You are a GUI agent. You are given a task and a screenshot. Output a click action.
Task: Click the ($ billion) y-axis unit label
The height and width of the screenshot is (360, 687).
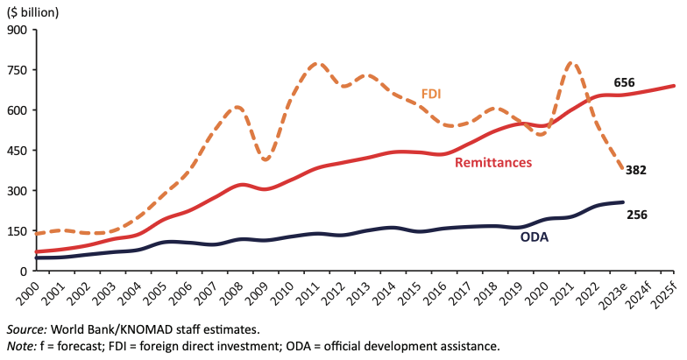32,11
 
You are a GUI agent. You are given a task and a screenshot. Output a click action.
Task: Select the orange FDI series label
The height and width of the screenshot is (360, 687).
431,94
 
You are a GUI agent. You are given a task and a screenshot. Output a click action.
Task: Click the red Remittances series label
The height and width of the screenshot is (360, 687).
493,162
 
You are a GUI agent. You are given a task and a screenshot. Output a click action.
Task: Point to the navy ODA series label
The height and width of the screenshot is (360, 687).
534,236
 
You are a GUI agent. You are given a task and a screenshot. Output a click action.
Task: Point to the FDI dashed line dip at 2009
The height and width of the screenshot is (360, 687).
266,160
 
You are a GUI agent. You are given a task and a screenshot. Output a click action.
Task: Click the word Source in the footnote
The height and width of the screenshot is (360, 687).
26,329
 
